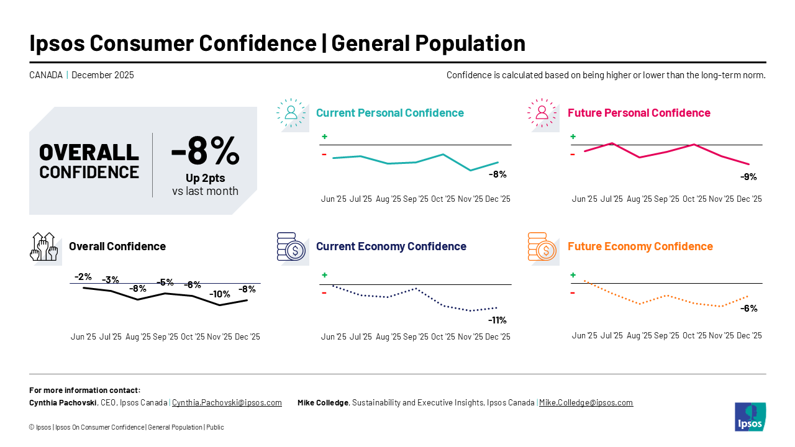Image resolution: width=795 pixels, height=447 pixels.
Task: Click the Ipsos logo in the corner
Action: (750, 417)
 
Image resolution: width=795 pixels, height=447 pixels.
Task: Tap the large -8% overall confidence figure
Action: (205, 150)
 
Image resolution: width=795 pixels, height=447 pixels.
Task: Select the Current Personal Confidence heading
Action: (389, 113)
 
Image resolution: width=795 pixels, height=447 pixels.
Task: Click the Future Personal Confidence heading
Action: (638, 113)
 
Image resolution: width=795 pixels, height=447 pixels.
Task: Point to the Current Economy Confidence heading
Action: (391, 246)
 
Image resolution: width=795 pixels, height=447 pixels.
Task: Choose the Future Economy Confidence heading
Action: (640, 246)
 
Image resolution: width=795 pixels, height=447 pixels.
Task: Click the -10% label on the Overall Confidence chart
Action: (219, 294)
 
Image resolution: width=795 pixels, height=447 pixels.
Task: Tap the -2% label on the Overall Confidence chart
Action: (83, 277)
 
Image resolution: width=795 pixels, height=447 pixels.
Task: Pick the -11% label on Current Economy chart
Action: (497, 320)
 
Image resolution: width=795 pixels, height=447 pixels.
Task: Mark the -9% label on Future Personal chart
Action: (748, 177)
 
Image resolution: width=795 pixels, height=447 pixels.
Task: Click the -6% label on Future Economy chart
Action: (748, 309)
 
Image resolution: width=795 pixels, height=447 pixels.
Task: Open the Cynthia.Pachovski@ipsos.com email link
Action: (227, 402)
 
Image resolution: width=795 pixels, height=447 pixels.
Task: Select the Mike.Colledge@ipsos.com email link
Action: (586, 402)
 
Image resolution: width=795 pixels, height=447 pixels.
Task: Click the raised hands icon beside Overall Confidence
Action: (43, 246)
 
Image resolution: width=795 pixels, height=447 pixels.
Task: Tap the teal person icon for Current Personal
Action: (291, 112)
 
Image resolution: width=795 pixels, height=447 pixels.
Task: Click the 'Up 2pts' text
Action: (205, 178)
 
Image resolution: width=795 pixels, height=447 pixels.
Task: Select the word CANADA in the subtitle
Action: (46, 75)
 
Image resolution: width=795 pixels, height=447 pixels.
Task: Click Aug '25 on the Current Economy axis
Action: (388, 336)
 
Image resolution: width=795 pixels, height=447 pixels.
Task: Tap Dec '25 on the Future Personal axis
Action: (748, 199)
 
